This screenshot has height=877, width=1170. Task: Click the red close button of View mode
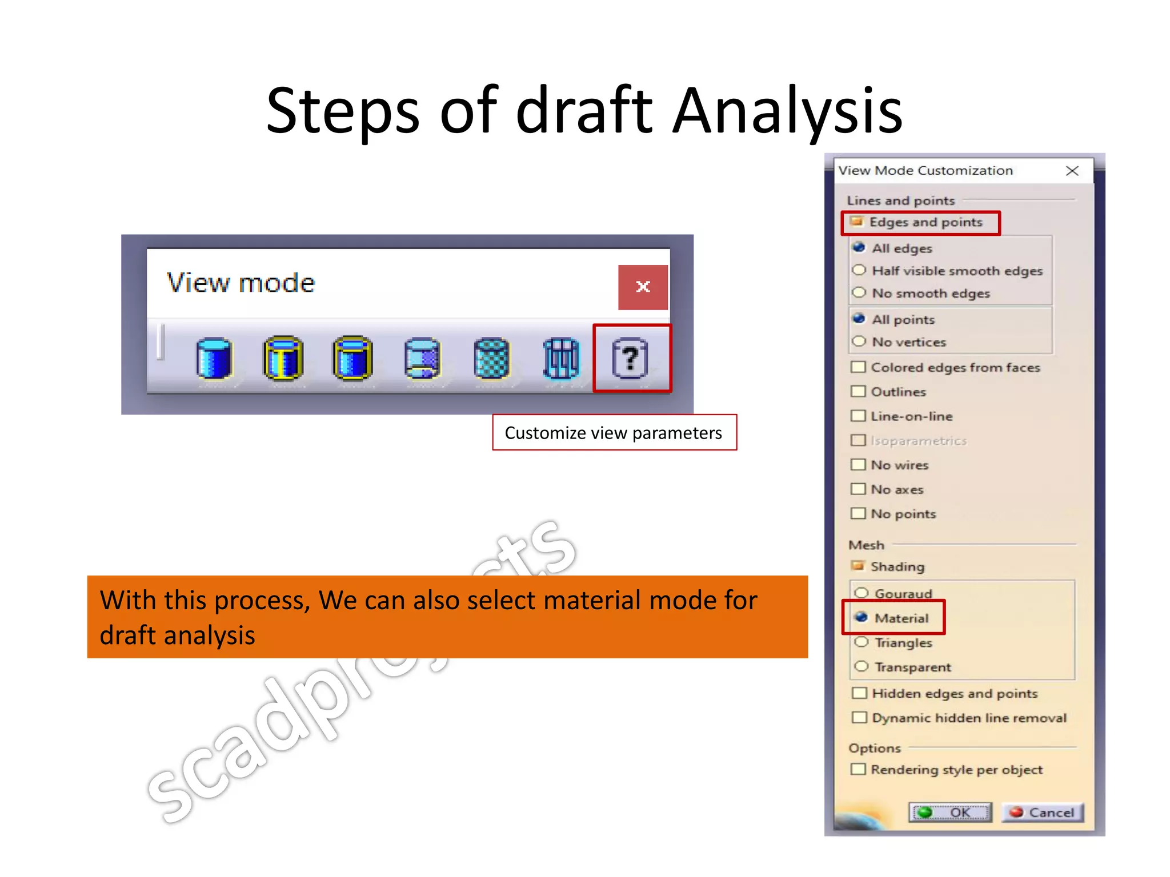click(643, 287)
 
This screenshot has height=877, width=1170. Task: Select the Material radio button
click(862, 617)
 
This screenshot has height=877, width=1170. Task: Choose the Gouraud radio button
click(862, 593)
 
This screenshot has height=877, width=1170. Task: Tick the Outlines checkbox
click(858, 391)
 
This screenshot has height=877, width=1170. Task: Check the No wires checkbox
click(858, 464)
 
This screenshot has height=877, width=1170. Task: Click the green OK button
click(951, 812)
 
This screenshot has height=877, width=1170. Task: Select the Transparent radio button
click(862, 666)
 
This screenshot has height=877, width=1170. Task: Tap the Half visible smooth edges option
click(859, 270)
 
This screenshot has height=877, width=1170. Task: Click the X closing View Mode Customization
click(1072, 171)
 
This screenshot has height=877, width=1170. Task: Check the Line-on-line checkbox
click(858, 416)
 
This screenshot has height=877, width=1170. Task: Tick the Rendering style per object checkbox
click(858, 769)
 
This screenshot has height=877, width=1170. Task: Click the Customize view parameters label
click(614, 433)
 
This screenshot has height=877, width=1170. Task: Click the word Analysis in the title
click(787, 110)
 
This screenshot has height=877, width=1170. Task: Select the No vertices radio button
click(859, 341)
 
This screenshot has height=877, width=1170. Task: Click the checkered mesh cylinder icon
click(491, 359)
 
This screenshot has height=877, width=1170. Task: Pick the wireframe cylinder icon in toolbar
click(561, 359)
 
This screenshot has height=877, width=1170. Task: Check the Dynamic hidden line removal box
click(859, 717)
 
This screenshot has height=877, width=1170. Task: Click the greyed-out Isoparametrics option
click(917, 440)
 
